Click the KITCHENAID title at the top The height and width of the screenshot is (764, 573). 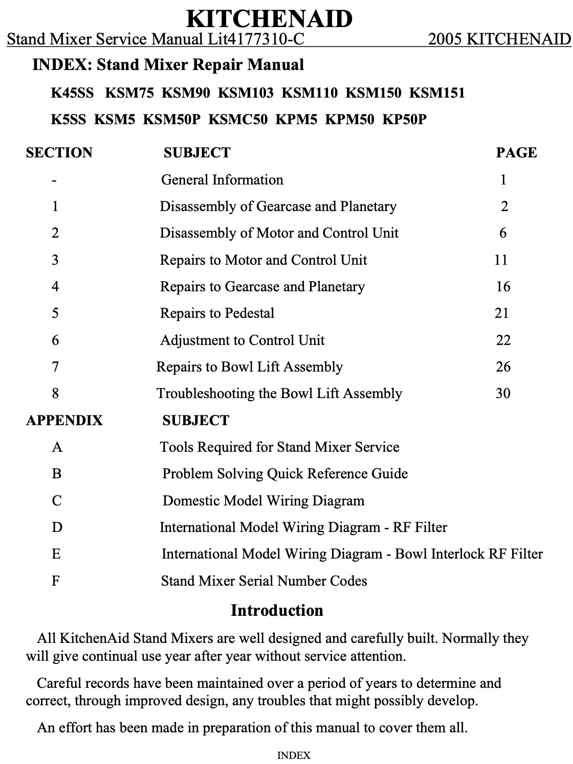[269, 19]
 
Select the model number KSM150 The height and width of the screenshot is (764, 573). [373, 93]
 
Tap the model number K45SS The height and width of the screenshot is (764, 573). [72, 93]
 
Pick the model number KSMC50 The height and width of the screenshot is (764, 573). [237, 120]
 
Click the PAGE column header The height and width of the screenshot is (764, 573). [516, 153]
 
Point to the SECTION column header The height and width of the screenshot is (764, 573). [59, 153]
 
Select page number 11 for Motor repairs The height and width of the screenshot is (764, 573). [501, 260]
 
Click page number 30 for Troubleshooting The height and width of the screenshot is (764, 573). [503, 393]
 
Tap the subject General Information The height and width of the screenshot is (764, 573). [222, 180]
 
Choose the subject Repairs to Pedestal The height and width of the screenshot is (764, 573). [217, 313]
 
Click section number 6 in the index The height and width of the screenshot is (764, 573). [55, 340]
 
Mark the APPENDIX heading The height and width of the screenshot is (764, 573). [64, 421]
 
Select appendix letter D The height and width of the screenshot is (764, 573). [57, 527]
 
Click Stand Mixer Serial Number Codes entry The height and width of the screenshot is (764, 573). [264, 581]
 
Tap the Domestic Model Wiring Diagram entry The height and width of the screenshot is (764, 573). [263, 501]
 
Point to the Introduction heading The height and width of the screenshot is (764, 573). [277, 611]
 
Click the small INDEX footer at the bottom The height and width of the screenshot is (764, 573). [293, 755]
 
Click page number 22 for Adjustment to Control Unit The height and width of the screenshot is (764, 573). [503, 340]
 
